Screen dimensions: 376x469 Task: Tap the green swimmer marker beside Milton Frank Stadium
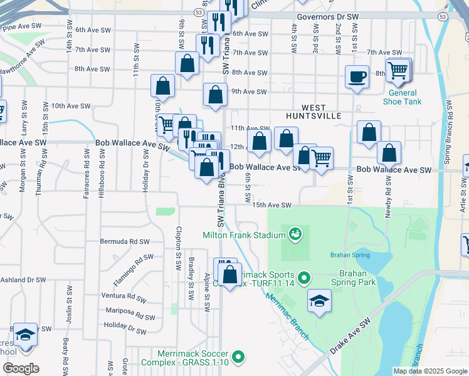coord(295,235)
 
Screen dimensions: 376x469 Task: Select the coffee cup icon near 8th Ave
coord(357,77)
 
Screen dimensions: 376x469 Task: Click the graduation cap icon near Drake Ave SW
coord(319,300)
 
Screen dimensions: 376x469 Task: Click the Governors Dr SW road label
coord(327,17)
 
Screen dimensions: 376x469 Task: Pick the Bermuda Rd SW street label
coord(125,241)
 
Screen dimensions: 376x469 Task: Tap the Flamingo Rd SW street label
coord(133,266)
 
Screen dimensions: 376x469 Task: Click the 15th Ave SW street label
coord(272,206)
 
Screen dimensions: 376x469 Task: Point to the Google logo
coord(21,368)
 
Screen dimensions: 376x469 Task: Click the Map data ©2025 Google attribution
coord(429,371)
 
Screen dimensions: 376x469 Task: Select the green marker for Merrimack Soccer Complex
coord(238,358)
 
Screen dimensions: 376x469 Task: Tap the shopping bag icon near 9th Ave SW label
coord(215,95)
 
